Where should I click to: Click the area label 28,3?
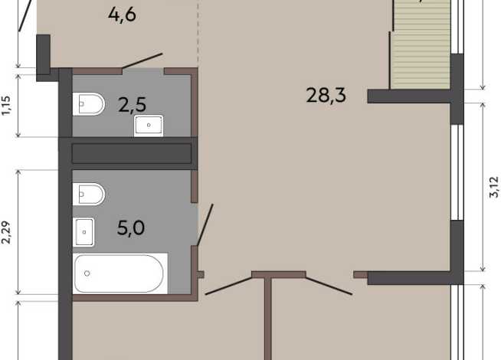326,95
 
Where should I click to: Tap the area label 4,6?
122,15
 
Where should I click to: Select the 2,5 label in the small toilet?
132,105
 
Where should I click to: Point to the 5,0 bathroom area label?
131,227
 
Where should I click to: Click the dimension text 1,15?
7,106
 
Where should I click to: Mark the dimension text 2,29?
7,233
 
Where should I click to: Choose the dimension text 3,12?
494,187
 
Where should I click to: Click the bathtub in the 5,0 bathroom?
120,273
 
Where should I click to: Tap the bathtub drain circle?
87,273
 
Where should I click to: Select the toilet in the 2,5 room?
89,104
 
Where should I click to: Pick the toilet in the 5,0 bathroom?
89,194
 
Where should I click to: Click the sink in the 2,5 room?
149,125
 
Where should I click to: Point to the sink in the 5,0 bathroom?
83,232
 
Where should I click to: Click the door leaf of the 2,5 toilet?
142,61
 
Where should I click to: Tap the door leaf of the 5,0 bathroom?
205,225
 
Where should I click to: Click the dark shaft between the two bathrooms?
131,154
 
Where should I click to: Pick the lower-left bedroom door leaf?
228,286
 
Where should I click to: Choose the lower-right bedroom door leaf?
329,286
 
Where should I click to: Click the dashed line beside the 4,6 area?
198,34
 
